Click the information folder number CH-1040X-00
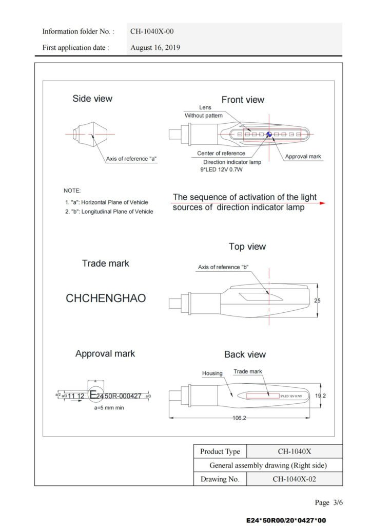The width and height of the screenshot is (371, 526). pyautogui.click(x=152, y=31)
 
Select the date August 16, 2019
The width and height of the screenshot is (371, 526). pyautogui.click(x=155, y=48)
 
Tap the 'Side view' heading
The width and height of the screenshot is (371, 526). pyautogui.click(x=92, y=99)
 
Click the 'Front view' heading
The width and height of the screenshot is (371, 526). pyautogui.click(x=243, y=100)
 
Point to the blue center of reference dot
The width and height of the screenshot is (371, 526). pyautogui.click(x=268, y=135)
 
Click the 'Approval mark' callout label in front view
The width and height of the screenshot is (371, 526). pyautogui.click(x=303, y=156)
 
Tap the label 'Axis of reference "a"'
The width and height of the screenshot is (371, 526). pyautogui.click(x=131, y=159)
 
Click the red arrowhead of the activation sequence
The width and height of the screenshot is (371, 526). pyautogui.click(x=322, y=203)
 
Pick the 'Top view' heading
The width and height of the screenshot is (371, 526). pyautogui.click(x=247, y=247)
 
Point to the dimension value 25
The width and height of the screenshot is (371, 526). pyautogui.click(x=317, y=300)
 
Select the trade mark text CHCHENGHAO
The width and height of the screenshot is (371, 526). pyautogui.click(x=106, y=298)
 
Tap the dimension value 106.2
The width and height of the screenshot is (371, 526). pyautogui.click(x=239, y=418)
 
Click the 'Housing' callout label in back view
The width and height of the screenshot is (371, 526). pyautogui.click(x=212, y=373)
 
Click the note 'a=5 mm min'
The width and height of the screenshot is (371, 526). pyautogui.click(x=109, y=408)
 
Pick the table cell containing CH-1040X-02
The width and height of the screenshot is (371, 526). pyautogui.click(x=294, y=479)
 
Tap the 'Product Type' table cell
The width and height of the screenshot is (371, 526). pyautogui.click(x=220, y=452)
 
